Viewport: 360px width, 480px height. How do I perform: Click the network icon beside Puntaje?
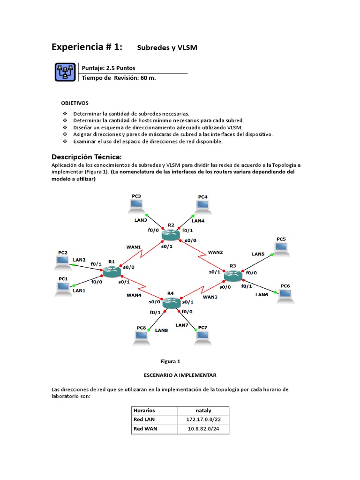point(64,72)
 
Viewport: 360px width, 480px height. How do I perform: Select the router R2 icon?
point(170,234)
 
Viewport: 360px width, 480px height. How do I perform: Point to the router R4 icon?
point(172,303)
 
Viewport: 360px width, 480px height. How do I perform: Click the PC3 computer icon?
point(136,204)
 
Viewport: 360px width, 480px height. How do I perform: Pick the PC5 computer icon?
point(281,248)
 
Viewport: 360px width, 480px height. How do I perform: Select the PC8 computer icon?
point(141,336)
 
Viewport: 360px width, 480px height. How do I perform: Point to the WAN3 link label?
point(210,297)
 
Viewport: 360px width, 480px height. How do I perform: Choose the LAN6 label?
point(262,294)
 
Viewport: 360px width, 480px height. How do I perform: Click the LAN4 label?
point(198,220)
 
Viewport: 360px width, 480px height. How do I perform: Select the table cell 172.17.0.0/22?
point(203,419)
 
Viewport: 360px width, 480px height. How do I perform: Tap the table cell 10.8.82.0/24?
point(203,428)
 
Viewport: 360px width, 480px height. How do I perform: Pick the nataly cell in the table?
point(203,410)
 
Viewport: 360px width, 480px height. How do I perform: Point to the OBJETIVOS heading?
point(75,103)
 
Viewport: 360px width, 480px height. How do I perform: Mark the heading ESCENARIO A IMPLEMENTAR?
point(180,375)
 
